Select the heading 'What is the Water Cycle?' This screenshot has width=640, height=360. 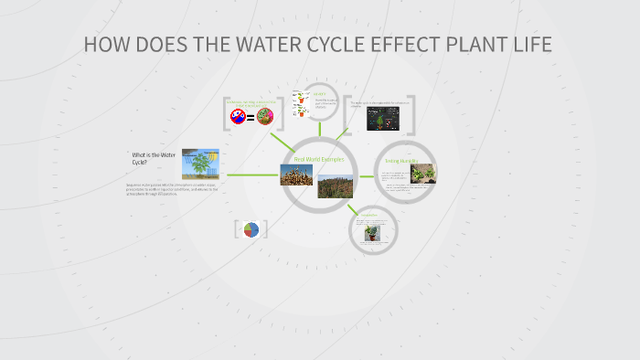point(152,158)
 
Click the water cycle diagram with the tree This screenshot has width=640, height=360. point(200,164)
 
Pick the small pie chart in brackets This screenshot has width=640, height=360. point(251,229)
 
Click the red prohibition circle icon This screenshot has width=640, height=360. point(238,116)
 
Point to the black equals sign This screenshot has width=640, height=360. point(251,117)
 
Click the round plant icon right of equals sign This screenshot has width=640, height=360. point(265,116)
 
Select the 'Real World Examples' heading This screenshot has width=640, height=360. point(319,159)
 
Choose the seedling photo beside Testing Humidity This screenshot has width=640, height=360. point(423,175)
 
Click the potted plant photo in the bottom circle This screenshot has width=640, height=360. point(372,235)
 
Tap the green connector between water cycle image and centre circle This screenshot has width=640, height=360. point(252,174)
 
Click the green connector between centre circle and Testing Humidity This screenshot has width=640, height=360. point(367,175)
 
